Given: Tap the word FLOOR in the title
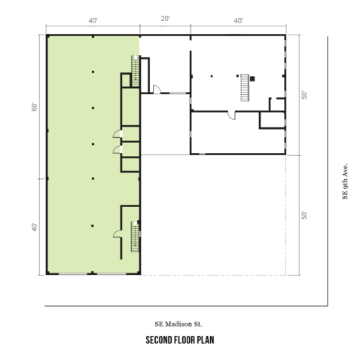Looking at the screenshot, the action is (x=185, y=340).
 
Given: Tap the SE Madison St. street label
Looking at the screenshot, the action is (x=178, y=324).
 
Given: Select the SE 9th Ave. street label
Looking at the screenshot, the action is (x=345, y=182).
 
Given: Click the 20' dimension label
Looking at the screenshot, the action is (x=166, y=19).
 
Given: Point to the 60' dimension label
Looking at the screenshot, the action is (x=35, y=107).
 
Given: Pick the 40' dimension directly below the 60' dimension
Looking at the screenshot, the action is (x=35, y=227).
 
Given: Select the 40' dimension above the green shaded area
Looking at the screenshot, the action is (x=93, y=20).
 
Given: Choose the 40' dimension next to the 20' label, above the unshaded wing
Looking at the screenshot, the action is (x=238, y=20).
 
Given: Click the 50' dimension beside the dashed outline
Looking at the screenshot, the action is (x=304, y=215).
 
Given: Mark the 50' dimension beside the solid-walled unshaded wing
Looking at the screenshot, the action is (x=304, y=95).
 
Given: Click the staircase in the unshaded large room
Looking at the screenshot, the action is (x=245, y=87).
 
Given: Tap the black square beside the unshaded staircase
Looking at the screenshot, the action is (x=252, y=79).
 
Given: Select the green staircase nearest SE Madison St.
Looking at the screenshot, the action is (x=135, y=236).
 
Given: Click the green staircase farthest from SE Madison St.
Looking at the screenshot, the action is (x=136, y=71).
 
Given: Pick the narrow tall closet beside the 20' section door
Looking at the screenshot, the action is (x=145, y=75).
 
